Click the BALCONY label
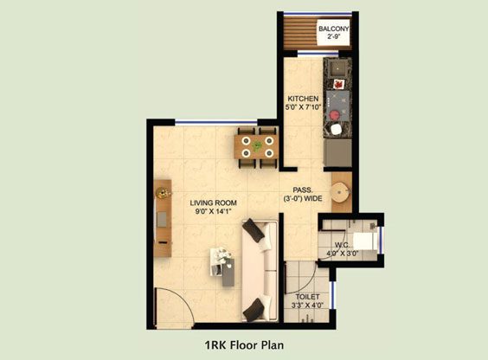pyautogui.click(x=334, y=29)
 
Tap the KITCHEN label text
pyautogui.click(x=303, y=99)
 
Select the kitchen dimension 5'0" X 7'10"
pyautogui.click(x=303, y=107)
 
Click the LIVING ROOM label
pyautogui.click(x=214, y=202)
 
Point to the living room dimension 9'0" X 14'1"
pyautogui.click(x=214, y=211)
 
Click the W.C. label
pyautogui.click(x=342, y=245)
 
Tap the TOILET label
pyautogui.click(x=307, y=297)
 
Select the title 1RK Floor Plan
pyautogui.click(x=244, y=345)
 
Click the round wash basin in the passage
pyautogui.click(x=341, y=192)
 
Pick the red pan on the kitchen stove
pyautogui.click(x=335, y=114)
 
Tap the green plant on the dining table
pyautogui.click(x=257, y=145)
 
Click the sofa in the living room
pyautogui.click(x=260, y=271)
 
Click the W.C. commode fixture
pyautogui.click(x=365, y=241)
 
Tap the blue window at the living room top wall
pyautogui.click(x=216, y=124)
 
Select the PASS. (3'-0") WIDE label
pyautogui.click(x=303, y=194)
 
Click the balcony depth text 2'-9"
pyautogui.click(x=334, y=37)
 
